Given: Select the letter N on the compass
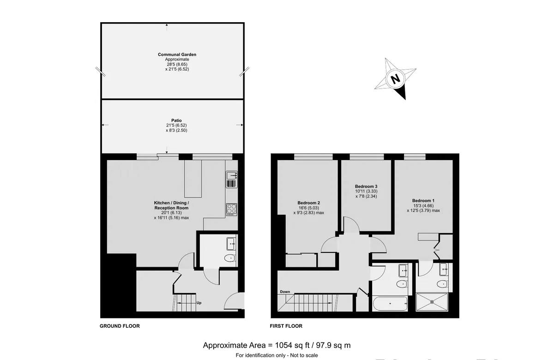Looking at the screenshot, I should click(x=395, y=79).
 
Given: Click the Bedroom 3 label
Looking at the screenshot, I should click(x=366, y=186).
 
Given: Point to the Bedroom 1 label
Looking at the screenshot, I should click(x=423, y=200).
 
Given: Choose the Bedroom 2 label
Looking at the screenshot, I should click(x=309, y=203).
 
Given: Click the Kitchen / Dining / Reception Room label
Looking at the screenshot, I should click(x=171, y=205).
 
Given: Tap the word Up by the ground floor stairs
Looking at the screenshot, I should click(x=199, y=303).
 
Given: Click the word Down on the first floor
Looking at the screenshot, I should click(x=285, y=292).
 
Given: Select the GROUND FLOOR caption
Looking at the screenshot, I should click(x=120, y=326).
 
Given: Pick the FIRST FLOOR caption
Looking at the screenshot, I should click(x=286, y=326).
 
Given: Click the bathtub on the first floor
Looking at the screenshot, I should click(x=390, y=303).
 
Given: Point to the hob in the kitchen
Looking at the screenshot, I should click(x=231, y=209).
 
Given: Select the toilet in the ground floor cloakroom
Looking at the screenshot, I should click(x=229, y=258).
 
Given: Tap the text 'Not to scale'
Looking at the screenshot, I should click(x=303, y=355).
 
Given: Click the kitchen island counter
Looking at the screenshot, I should click(x=193, y=178).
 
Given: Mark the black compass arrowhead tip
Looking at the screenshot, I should click(x=405, y=99).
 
